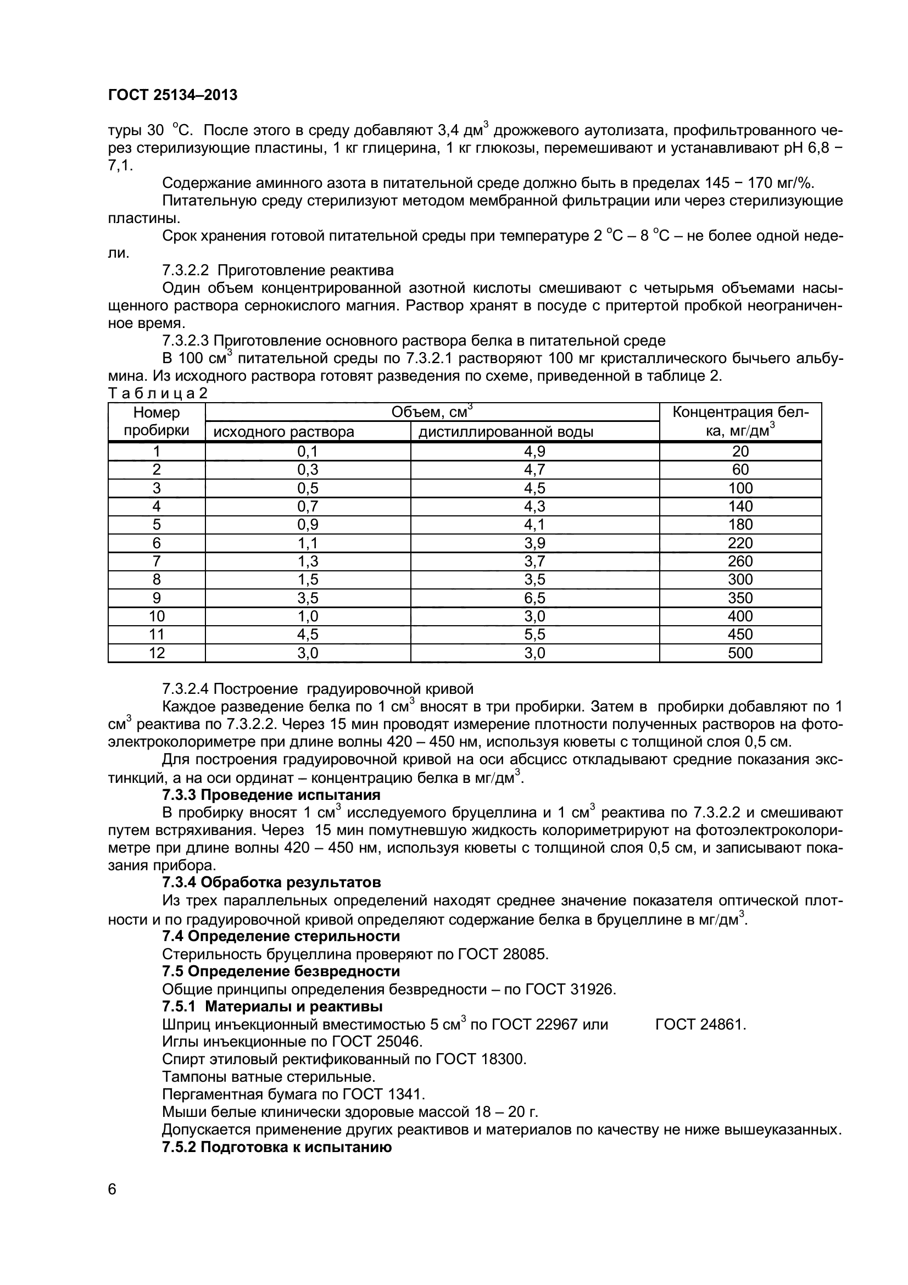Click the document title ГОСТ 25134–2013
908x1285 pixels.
tap(172, 96)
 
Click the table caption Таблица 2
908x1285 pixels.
tap(157, 393)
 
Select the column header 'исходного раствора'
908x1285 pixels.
tap(284, 432)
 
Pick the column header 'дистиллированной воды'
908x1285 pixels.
tap(506, 432)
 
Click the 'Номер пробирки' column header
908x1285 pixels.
tap(157, 421)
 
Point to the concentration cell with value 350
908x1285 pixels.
tap(740, 598)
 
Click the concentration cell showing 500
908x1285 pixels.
tap(740, 653)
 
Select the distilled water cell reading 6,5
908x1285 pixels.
tap(534, 598)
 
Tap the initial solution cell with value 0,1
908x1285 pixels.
tap(308, 452)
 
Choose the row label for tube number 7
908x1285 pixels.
tap(157, 561)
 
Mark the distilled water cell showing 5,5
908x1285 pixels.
tap(534, 635)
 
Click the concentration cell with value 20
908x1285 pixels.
tap(740, 452)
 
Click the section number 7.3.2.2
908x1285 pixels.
tap(185, 271)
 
